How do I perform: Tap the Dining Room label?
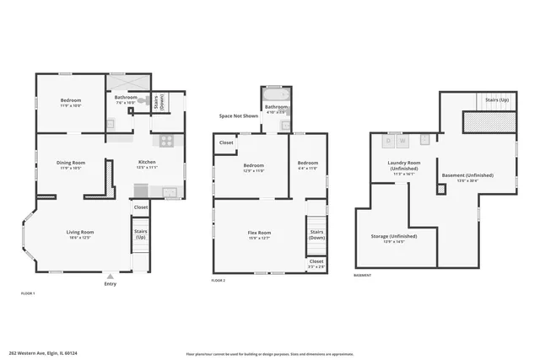pyautogui.click(x=71, y=164)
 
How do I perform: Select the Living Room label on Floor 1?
pyautogui.click(x=80, y=234)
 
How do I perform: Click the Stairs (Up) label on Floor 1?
pyautogui.click(x=140, y=234)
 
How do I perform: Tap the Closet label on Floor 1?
pyautogui.click(x=140, y=207)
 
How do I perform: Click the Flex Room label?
pyautogui.click(x=258, y=234)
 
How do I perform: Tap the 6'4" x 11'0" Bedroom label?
pyautogui.click(x=308, y=165)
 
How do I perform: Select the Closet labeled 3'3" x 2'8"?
pyautogui.click(x=316, y=263)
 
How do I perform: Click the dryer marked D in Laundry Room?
pyautogui.click(x=389, y=140)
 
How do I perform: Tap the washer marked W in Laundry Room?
pyautogui.click(x=402, y=140)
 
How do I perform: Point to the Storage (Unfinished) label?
pyautogui.click(x=393, y=239)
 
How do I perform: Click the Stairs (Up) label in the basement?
pyautogui.click(x=496, y=99)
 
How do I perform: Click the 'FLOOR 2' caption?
pyautogui.click(x=219, y=280)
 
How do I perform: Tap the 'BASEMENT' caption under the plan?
pyautogui.click(x=362, y=276)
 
